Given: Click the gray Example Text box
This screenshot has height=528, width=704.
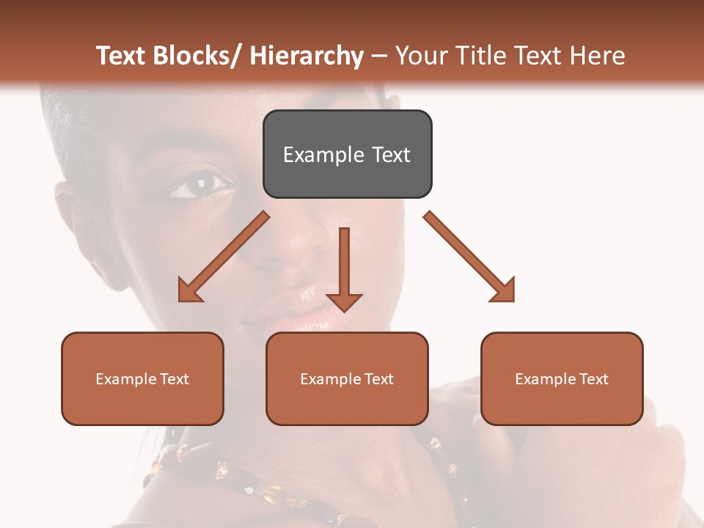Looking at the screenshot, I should click(x=347, y=154).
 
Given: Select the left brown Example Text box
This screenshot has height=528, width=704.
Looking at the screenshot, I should click(x=142, y=378).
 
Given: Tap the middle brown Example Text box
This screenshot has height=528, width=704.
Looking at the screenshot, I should click(x=347, y=378).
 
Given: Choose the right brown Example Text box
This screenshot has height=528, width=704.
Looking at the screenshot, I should click(x=562, y=378).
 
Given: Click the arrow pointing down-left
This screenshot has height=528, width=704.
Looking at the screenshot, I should click(x=224, y=257).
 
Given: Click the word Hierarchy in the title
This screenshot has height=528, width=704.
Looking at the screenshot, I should click(x=307, y=56).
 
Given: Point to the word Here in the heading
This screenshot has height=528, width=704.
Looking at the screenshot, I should click(x=596, y=56).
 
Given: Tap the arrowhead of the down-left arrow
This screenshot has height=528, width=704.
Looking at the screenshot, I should click(x=189, y=291).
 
